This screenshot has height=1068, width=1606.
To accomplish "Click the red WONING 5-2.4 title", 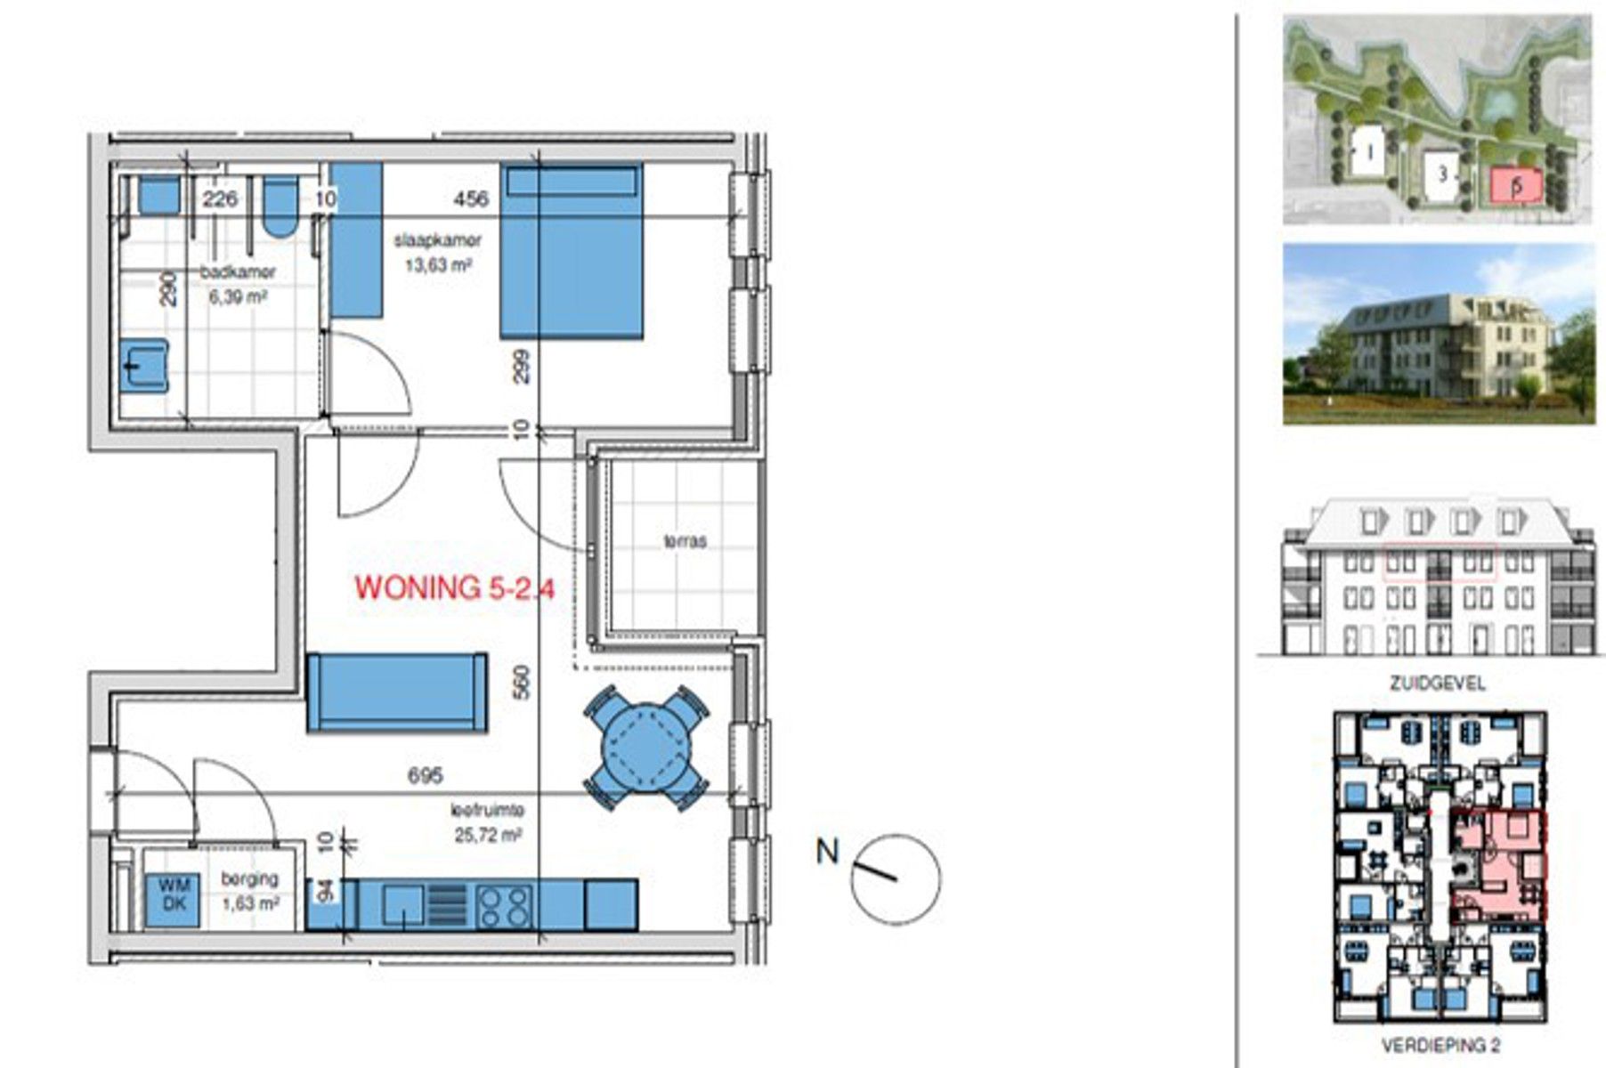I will [x=455, y=587].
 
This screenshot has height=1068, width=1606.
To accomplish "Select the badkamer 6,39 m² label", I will [x=237, y=285].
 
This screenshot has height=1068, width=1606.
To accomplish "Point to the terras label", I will [x=685, y=540].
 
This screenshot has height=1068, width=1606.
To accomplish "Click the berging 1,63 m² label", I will [x=250, y=890].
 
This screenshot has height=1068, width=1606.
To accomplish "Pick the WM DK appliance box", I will [x=174, y=895].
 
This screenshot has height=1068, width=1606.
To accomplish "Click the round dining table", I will [x=647, y=748].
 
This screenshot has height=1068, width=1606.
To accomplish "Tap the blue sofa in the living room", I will [x=397, y=692].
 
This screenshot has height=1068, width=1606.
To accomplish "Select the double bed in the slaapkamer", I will [x=571, y=252].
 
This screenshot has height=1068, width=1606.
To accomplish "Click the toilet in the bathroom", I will [x=281, y=206].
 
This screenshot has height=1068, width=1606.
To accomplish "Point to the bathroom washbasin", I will [x=143, y=366].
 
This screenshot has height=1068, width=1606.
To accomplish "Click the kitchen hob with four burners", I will [x=503, y=906].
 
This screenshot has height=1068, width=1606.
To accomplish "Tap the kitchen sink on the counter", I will [x=403, y=906].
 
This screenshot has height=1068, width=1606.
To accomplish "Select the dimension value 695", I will [x=425, y=776].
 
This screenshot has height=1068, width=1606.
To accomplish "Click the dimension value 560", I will [x=523, y=683].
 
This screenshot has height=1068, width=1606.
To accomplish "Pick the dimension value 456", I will [x=470, y=199].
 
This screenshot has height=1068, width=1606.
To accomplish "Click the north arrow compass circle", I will [x=896, y=878].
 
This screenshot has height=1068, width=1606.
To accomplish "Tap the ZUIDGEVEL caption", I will [x=1438, y=684].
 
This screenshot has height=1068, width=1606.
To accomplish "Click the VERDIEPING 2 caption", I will [x=1440, y=1045].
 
